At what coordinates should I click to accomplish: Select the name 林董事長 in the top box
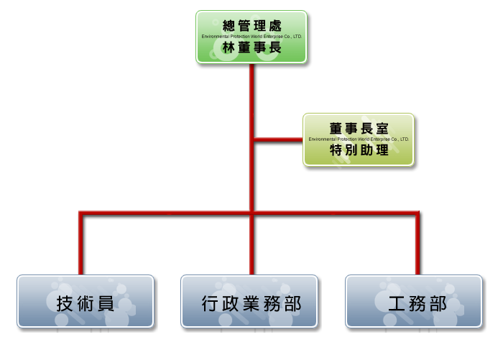coord(251,47)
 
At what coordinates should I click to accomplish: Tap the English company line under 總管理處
coord(251,36)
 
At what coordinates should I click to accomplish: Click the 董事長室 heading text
coord(359,128)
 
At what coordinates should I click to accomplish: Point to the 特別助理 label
coord(359,150)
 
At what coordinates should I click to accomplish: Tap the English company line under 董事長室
coord(359,139)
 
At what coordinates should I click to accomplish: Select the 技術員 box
coord(86,303)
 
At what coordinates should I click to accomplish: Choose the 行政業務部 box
coord(251,303)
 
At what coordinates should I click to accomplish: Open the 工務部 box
coord(413,303)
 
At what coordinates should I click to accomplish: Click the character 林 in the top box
coord(229,47)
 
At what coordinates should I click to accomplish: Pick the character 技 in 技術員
coord(64,303)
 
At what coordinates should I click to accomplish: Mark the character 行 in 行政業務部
coord(210,303)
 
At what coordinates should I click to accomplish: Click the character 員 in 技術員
coord(106,303)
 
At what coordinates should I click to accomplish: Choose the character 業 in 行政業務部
coord(251,303)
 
